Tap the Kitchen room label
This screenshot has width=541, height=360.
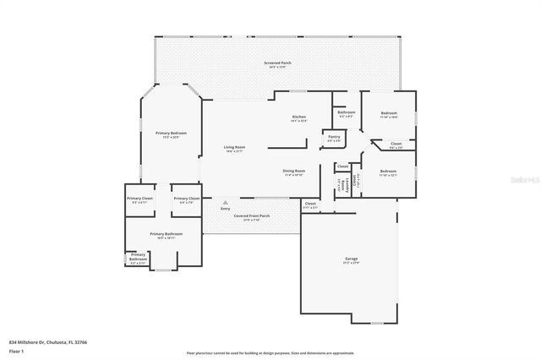point(298,118)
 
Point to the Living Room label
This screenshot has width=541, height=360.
point(233,149)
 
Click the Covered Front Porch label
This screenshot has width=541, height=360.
point(252,217)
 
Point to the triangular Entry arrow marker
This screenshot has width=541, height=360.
point(225,203)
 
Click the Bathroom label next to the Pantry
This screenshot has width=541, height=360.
point(346,113)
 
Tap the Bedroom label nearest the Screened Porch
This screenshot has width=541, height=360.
point(388,114)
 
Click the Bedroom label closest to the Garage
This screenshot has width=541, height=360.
point(388,174)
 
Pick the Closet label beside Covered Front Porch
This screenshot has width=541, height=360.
point(310,205)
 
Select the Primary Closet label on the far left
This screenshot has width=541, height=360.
point(140,199)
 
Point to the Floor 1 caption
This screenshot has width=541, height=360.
point(16,351)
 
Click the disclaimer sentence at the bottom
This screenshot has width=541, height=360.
point(270,352)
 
